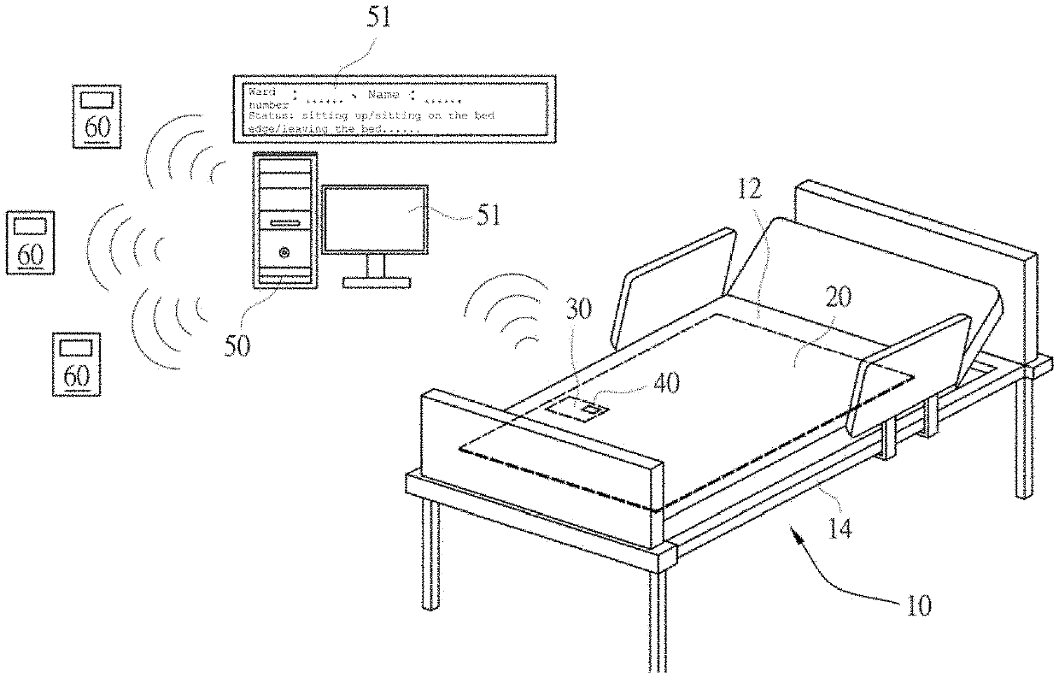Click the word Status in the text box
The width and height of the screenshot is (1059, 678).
265,115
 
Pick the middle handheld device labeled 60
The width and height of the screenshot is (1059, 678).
30,243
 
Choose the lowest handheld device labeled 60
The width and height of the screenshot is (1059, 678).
76,363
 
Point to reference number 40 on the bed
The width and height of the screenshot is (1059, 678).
667,382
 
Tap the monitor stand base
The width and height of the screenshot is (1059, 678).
376,281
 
